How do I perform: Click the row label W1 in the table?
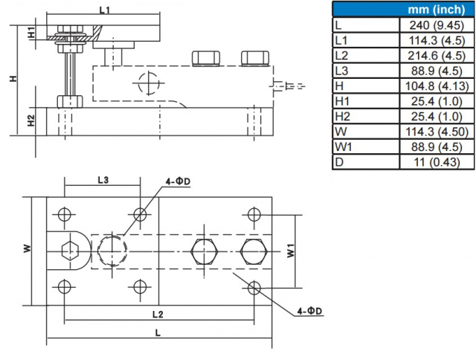click(x=343, y=147)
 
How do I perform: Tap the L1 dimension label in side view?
click(x=105, y=10)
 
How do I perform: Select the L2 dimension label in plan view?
click(x=158, y=314)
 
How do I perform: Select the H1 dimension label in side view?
click(x=31, y=33)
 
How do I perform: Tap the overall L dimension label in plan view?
click(x=158, y=333)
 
